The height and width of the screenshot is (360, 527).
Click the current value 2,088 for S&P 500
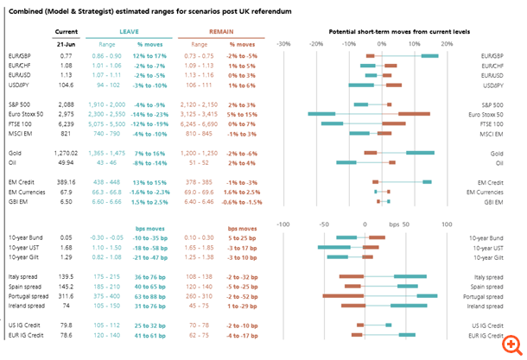click(66, 104)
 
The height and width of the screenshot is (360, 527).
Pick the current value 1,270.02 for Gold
click(66, 152)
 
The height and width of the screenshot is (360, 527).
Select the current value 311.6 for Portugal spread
click(66, 295)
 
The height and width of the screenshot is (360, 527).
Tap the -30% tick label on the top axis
click(283, 42)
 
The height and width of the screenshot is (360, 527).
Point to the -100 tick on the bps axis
click(283, 224)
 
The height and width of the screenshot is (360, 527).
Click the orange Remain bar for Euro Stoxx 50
click(414, 114)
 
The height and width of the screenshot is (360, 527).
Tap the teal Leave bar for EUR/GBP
click(429, 56)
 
